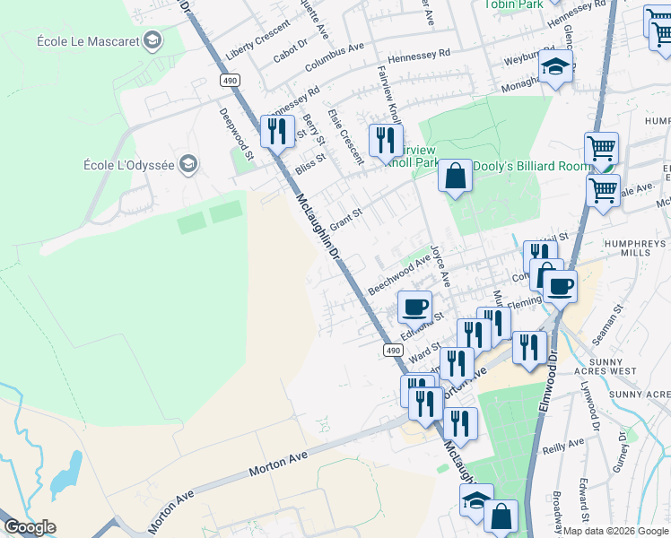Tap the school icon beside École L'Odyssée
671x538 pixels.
coord(187,164)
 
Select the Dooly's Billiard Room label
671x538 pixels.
coord(532,166)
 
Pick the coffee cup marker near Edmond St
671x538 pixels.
coord(414,307)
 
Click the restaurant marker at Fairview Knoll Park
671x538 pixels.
coord(385,140)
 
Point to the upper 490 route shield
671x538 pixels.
coord(231,81)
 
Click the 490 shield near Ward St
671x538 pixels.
coord(392,350)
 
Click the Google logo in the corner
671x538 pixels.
coord(29,527)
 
